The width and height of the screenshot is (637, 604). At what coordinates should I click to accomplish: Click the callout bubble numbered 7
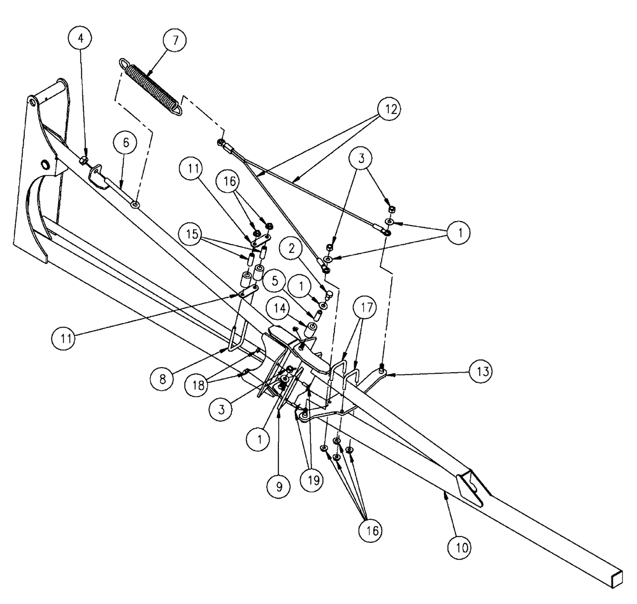[175, 40]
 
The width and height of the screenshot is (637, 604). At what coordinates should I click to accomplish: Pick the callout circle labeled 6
[125, 144]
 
